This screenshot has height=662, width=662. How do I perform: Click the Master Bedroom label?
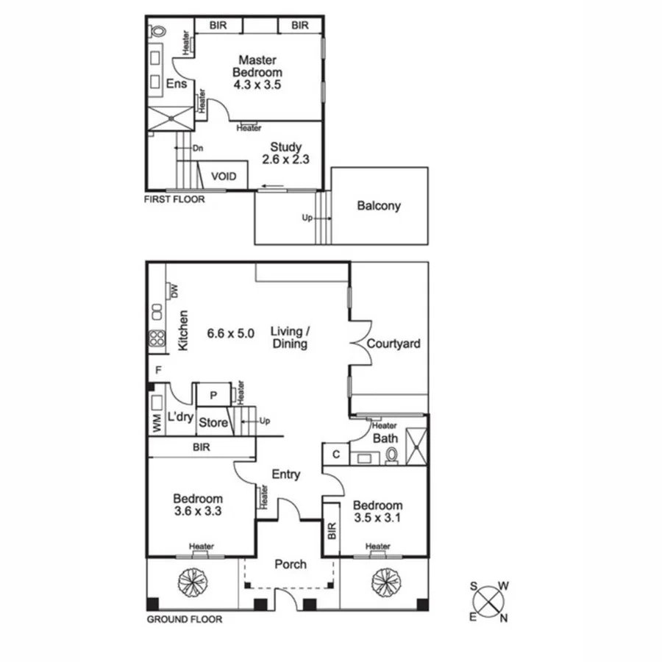click(x=257, y=72)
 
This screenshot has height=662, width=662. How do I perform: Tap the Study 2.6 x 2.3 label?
click(x=285, y=152)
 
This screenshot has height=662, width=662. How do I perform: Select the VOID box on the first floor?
click(x=224, y=177)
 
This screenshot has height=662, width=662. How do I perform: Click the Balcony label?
click(x=379, y=206)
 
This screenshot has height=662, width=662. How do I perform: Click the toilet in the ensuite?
click(x=157, y=32)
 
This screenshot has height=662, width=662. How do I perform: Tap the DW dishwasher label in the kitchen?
click(x=174, y=291)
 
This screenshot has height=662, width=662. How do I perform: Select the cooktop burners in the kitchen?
click(x=157, y=338)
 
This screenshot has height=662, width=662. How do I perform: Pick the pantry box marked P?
click(x=213, y=395)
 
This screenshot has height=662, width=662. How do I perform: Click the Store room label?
click(x=213, y=423)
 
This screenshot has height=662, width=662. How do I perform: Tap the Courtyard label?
click(x=393, y=344)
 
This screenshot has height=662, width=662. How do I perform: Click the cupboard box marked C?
click(x=335, y=455)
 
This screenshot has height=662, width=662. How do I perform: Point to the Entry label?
click(x=285, y=474)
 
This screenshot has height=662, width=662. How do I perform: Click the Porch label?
click(x=290, y=564)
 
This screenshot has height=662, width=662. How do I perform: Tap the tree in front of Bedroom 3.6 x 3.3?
click(x=190, y=583)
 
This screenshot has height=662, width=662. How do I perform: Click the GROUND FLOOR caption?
click(x=185, y=619)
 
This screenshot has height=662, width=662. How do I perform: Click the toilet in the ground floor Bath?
click(x=391, y=456)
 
